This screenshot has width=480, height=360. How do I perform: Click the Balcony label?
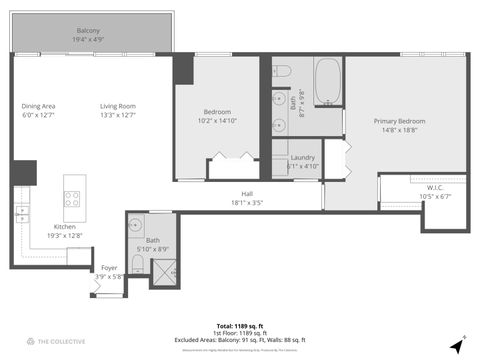(x=88, y=32)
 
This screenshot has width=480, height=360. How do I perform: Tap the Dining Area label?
(x=39, y=106)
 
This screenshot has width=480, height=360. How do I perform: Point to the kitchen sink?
(x=21, y=211)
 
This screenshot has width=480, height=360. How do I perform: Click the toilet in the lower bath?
(x=138, y=264)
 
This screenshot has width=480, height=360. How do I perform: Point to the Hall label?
(x=246, y=194)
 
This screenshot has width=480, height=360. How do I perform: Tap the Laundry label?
(x=303, y=157)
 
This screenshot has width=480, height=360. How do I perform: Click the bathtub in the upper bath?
(x=326, y=82)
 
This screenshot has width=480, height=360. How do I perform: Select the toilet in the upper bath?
(x=283, y=71)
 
